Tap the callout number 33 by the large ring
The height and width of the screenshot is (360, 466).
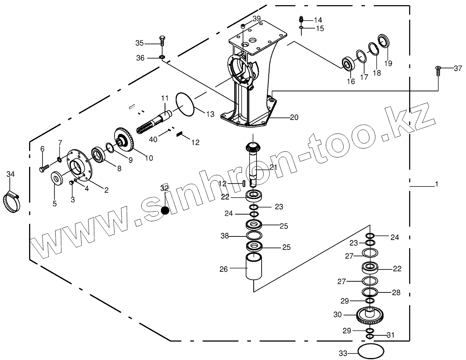(343, 353)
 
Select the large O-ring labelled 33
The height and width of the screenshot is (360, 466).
(371, 351)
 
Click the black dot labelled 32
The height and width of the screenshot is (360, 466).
(165, 211)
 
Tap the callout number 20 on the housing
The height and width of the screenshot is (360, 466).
(294, 118)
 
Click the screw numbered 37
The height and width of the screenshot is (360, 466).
(437, 71)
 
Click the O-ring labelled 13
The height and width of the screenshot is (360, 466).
(184, 105)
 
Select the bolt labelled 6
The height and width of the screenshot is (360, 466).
(43, 168)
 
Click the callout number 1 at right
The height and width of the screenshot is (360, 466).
(437, 184)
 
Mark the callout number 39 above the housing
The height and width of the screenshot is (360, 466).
(256, 19)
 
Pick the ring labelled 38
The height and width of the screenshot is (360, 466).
(254, 236)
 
